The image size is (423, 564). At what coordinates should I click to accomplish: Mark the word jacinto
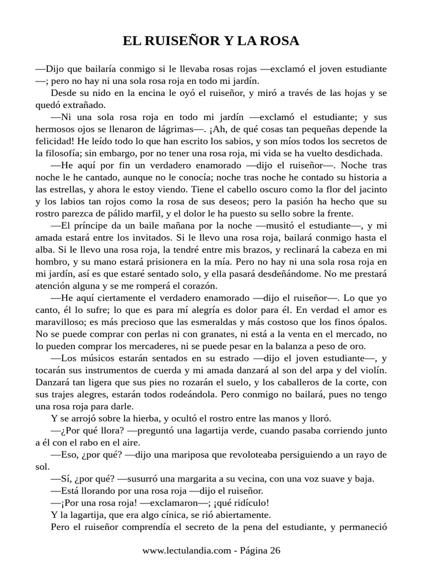[372, 202]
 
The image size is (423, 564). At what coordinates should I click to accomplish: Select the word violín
[373, 371]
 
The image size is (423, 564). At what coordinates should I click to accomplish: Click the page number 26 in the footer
[274, 551]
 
